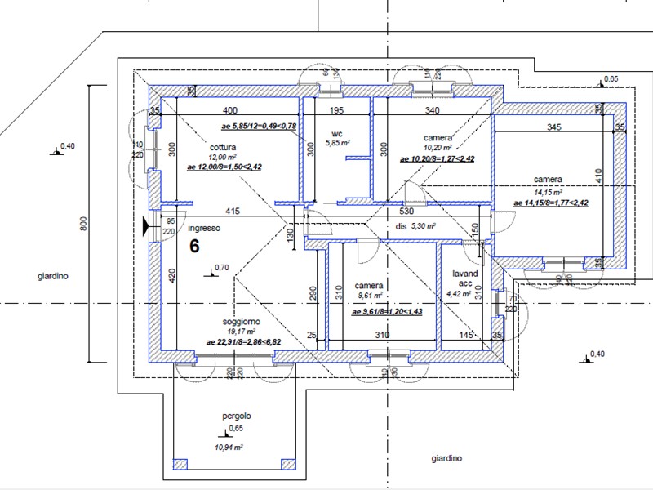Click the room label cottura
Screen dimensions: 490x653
click(222, 147)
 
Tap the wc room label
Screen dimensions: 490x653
click(336, 133)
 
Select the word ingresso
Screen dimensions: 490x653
click(203, 229)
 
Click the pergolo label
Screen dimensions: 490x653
click(236, 416)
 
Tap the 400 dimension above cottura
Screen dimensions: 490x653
click(231, 110)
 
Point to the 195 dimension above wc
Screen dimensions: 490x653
click(336, 110)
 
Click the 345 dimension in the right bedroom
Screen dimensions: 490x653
click(553, 127)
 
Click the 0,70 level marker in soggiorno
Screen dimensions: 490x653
click(220, 267)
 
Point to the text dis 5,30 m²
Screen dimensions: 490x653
click(415, 226)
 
